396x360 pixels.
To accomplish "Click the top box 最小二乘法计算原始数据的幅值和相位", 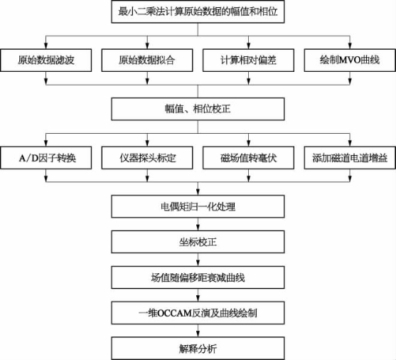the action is tap(198, 11).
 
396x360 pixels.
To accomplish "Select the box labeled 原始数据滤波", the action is tap(46, 60).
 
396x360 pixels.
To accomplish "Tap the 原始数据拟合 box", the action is tap(147, 60).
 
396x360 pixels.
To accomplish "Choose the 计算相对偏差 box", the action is tap(249, 60).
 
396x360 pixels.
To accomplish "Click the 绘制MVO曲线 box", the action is tap(350, 60).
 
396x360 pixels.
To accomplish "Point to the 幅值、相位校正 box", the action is tap(198, 109).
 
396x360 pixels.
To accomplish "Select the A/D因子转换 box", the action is tap(46, 158).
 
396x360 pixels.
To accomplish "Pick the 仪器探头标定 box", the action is tap(147, 158).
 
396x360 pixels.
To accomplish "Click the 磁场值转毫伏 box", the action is tap(249, 158).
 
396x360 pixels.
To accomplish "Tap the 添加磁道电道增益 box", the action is tap(350, 158).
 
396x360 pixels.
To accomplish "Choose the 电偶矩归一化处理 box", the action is tap(198, 206).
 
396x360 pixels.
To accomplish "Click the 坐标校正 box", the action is tap(198, 242).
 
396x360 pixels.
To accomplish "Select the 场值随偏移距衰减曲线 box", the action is tap(198, 277).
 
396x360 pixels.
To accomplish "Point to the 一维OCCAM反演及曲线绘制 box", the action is tap(198, 313).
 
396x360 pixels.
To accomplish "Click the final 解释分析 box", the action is tap(198, 349).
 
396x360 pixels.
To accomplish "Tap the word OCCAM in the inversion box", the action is tap(175, 313).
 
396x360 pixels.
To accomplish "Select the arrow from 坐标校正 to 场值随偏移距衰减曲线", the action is tap(198, 260).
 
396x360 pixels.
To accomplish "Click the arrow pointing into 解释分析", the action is tap(198, 331).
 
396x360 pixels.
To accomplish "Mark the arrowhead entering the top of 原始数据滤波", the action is tap(46, 46).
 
